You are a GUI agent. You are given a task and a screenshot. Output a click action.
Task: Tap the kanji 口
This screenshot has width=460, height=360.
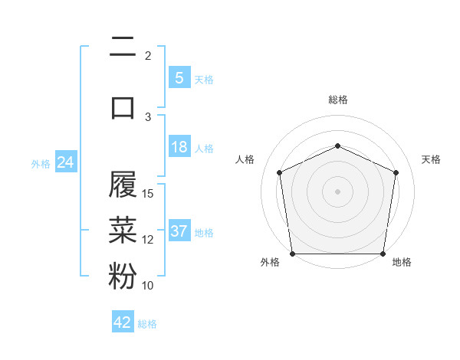coord(123,106)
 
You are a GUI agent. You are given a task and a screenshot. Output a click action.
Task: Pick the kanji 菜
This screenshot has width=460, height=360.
coord(123,229)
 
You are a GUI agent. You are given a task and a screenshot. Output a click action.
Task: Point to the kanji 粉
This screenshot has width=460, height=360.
coord(123,276)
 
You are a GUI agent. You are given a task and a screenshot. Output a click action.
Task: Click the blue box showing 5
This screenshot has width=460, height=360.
coord(179,77)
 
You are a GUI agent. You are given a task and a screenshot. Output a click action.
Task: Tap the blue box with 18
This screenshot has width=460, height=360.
coord(179,147)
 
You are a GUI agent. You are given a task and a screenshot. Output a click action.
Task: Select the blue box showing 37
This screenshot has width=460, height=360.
coord(179,231)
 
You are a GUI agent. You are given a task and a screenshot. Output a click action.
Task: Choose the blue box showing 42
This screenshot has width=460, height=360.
coord(123,322)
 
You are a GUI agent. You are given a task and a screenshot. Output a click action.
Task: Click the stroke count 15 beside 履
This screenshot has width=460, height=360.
coord(149,193)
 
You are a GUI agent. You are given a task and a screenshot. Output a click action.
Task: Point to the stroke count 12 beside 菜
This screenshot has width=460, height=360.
coord(149,240)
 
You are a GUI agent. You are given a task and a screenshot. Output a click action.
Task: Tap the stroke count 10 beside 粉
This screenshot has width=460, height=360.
coord(149,286)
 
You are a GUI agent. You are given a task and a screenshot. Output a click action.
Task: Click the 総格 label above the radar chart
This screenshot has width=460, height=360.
coord(337,100)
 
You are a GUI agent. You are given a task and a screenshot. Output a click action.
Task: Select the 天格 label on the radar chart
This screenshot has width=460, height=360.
coord(431,159)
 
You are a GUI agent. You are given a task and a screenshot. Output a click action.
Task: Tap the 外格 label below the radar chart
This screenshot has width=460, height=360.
coord(270,262)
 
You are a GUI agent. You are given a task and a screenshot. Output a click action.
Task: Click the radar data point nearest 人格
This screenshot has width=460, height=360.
coord(280,172)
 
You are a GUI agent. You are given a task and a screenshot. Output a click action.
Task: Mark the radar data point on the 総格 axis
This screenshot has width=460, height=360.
coord(337,146)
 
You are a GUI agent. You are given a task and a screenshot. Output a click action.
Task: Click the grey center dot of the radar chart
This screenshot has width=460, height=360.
coord(337,191)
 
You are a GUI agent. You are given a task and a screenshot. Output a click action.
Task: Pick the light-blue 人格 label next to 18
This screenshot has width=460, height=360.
coord(204,148)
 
